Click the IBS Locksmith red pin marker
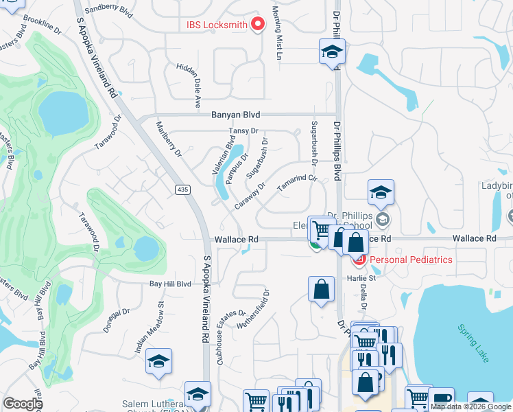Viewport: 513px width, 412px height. click(x=258, y=25)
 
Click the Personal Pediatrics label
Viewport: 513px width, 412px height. click(x=411, y=260)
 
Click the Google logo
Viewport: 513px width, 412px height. click(x=23, y=404)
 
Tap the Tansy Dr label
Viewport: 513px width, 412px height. click(x=243, y=130)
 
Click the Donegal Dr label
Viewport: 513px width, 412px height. click(x=118, y=321)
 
